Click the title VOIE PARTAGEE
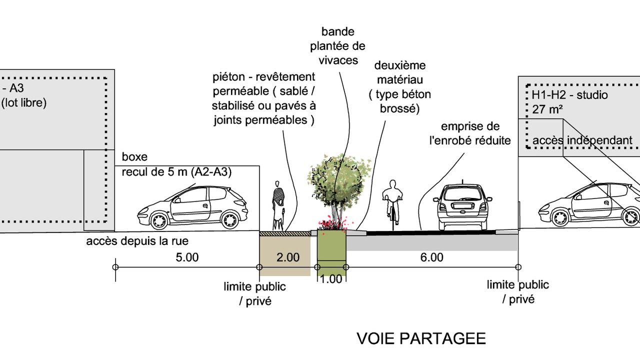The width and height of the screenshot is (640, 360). click(421, 338)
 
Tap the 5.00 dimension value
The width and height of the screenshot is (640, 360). click(187, 257)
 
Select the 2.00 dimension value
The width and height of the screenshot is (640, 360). click(288, 257)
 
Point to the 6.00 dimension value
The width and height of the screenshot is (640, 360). click(432, 257)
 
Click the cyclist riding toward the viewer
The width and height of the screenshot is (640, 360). click(392, 202)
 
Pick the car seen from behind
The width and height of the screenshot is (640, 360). click(462, 207)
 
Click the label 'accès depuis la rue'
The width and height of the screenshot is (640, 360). click(137, 241)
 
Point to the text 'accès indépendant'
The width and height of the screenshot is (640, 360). click(582, 140)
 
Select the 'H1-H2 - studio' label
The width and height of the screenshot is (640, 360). click(566, 94)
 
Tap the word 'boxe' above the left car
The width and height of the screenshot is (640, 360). click(135, 157)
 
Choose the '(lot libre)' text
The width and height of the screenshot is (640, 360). click(23, 103)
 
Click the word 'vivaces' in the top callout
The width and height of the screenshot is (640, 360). click(337, 60)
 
